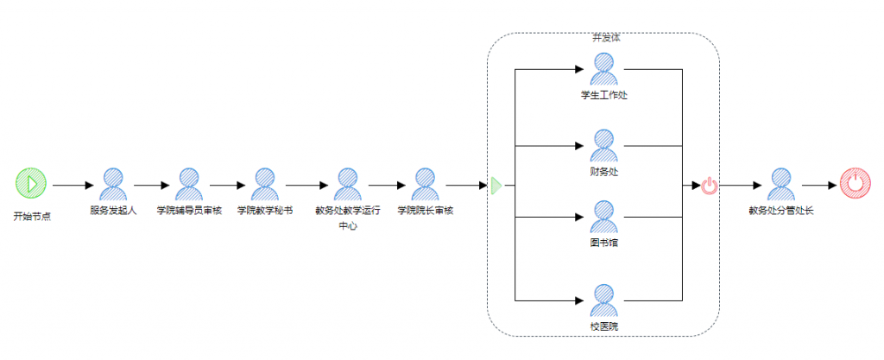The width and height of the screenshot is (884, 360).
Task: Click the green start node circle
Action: coord(30,184)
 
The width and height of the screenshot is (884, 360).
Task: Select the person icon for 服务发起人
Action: coord(113,184)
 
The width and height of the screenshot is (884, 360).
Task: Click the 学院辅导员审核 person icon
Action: coord(189,184)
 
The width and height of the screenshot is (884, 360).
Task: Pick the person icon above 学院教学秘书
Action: coord(264,184)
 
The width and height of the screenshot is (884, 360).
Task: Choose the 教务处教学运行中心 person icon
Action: coord(347,184)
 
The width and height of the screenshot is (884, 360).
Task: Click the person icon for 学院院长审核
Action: coord(424,184)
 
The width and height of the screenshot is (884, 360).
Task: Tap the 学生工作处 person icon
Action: coord(603,68)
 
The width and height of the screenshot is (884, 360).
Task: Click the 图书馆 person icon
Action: coord(603,216)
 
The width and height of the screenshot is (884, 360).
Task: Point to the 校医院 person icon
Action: coord(603,300)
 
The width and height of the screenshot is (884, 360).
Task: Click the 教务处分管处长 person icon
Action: coord(780,184)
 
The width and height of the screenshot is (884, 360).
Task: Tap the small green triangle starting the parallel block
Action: coord(496,185)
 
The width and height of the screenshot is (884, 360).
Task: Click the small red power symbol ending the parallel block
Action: coord(709,185)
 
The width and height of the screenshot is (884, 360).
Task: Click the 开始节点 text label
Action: coord(31,216)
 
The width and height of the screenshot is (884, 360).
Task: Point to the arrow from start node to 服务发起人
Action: coord(73,185)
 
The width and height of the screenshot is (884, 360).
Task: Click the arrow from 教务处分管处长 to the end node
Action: coord(818,185)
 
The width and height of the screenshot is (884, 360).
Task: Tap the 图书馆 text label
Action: coord(603,243)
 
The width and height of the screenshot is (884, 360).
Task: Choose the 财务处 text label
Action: coord(603,172)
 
